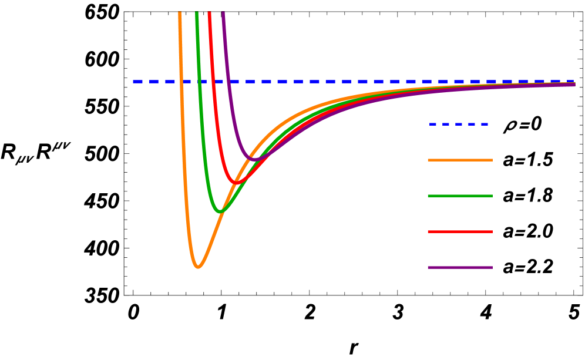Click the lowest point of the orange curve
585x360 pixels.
tap(198, 267)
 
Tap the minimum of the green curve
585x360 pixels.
tap(220, 211)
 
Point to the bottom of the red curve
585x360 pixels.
tap(236, 183)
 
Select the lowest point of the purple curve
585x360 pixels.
tap(254, 159)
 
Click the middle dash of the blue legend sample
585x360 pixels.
tap(459, 124)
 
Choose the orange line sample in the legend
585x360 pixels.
tap(460, 160)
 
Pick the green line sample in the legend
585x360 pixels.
tap(460, 196)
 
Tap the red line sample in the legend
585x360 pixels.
tap(460, 231)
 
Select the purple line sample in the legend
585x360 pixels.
tap(460, 267)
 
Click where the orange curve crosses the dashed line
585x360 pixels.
tap(181, 81)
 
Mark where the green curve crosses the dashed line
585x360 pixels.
tap(200, 81)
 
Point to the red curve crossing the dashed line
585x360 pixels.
tap(213, 81)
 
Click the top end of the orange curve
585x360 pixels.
tap(180, 13)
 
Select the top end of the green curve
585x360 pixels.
tap(197, 13)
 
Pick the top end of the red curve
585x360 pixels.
tap(209, 13)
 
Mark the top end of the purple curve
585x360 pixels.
tap(223, 13)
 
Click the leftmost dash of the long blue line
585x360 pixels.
tap(137, 81)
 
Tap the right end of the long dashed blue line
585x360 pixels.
tap(573, 81)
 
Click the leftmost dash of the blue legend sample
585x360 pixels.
tap(433, 124)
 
